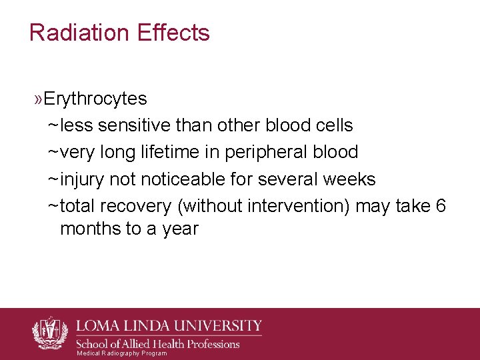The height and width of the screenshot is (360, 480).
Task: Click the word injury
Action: pyautogui.click(x=83, y=179)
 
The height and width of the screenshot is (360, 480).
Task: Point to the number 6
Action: pyautogui.click(x=440, y=206)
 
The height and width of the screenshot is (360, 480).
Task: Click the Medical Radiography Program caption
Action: pyautogui.click(x=122, y=353)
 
